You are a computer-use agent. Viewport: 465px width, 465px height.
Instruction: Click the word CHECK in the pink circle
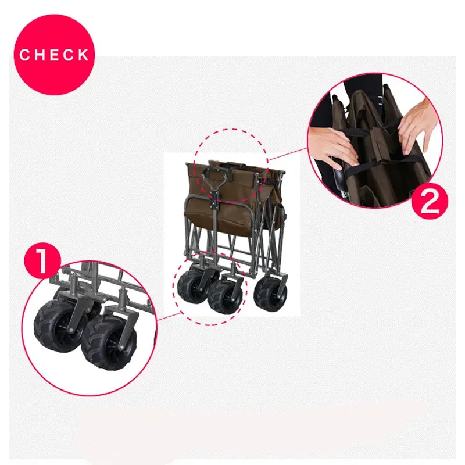click(x=54, y=55)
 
